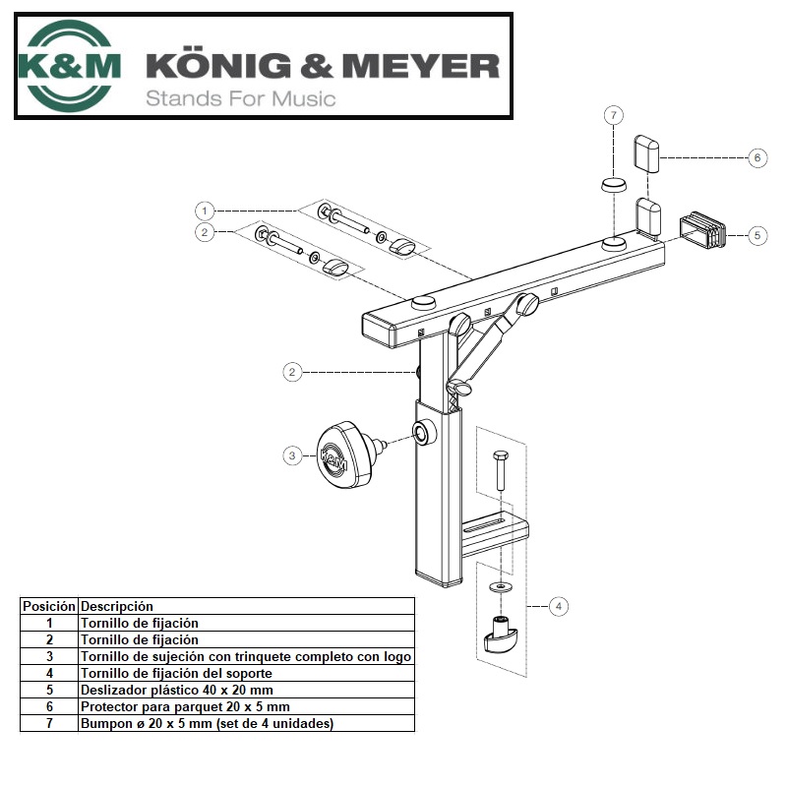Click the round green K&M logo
point(69,65)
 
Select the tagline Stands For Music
point(241,98)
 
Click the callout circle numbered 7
point(614,115)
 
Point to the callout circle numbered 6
point(757,157)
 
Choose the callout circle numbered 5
point(757,235)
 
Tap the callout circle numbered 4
point(558,606)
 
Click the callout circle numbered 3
point(292,455)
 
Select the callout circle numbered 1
point(205,211)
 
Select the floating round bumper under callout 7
point(614,185)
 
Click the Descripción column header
point(117,606)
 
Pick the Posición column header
point(49,606)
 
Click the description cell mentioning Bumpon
point(207,724)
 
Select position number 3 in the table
point(49,656)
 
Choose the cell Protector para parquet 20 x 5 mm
point(184,707)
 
